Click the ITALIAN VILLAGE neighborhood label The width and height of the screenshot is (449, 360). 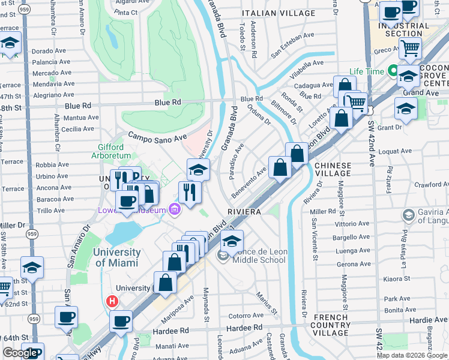(x=278, y=13)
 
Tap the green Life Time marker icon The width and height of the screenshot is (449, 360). (x=394, y=71)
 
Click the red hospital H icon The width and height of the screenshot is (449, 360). (x=111, y=302)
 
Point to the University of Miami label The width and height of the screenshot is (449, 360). (x=116, y=258)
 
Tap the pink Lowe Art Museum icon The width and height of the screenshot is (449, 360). (x=174, y=209)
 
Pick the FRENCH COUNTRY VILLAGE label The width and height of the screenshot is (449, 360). (x=331, y=325)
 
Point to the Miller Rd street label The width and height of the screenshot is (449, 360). (x=323, y=212)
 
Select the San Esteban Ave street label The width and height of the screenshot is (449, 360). (x=292, y=44)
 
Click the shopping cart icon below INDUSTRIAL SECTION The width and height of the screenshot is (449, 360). (x=411, y=47)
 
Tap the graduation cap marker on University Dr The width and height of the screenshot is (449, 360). (x=198, y=170)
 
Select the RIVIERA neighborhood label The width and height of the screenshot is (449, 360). (x=244, y=212)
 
